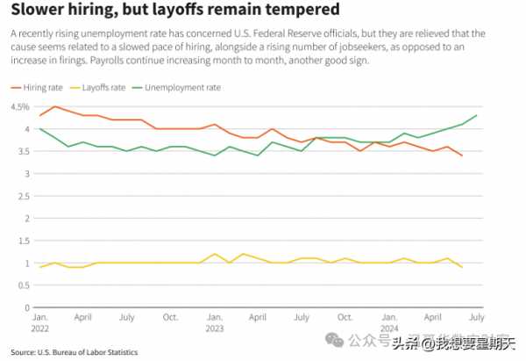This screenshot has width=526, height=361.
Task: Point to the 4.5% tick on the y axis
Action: point(19,107)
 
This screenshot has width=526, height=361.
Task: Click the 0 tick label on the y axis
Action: point(25,308)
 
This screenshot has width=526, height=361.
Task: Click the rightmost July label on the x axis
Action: point(476,317)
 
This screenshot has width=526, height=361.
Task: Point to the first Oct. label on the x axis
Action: point(170,317)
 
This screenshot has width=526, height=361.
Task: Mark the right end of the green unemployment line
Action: point(476,115)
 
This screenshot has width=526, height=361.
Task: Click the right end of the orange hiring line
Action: point(462,155)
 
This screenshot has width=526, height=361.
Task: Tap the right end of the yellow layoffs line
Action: point(462,267)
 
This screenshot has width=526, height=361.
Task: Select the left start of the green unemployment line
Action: point(39,129)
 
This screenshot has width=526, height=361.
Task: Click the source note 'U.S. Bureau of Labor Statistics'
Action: point(87,352)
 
